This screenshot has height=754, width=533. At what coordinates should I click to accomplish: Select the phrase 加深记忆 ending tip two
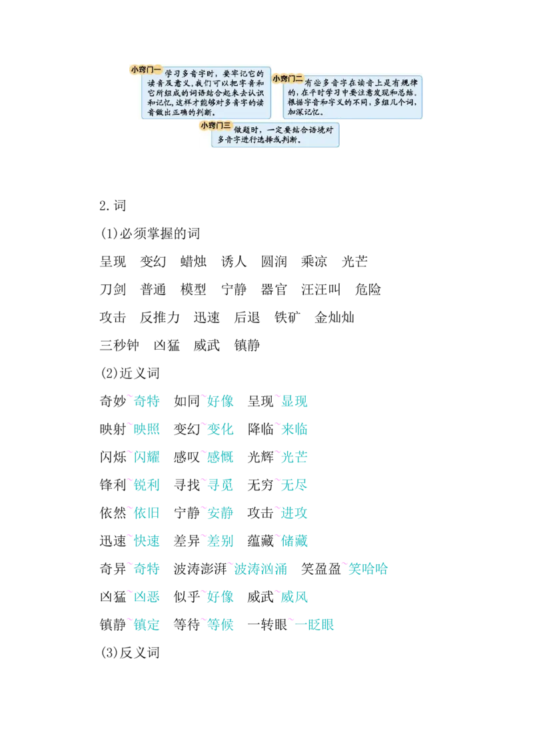pyautogui.click(x=304, y=112)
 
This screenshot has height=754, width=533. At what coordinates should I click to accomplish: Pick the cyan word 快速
pyautogui.click(x=147, y=541)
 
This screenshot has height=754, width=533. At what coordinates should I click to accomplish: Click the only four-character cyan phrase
pyautogui.click(x=260, y=569)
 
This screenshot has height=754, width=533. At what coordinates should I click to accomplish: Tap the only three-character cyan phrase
pyautogui.click(x=368, y=569)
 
